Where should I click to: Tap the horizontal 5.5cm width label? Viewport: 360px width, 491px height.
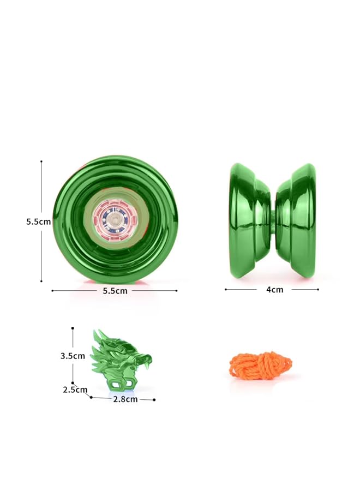coord(115,291)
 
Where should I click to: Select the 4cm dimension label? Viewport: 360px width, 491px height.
coord(274,290)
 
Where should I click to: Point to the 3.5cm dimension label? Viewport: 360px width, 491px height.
coord(73,356)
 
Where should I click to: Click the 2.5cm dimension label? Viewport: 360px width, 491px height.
coord(75,390)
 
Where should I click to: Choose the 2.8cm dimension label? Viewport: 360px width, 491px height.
coord(125,399)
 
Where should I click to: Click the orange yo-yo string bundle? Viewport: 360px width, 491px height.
coord(260,364)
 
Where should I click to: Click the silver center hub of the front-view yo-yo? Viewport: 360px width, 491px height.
coord(115,219)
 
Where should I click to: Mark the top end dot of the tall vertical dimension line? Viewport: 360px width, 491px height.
coord(41,161)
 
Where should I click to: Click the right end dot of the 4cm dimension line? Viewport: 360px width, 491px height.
coord(318,290)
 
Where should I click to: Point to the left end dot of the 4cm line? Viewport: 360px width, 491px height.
coord(226,290)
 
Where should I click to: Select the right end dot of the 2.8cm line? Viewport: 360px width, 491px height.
coord(155,400)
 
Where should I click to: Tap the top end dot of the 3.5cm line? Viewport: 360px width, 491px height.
coord(73,328)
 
